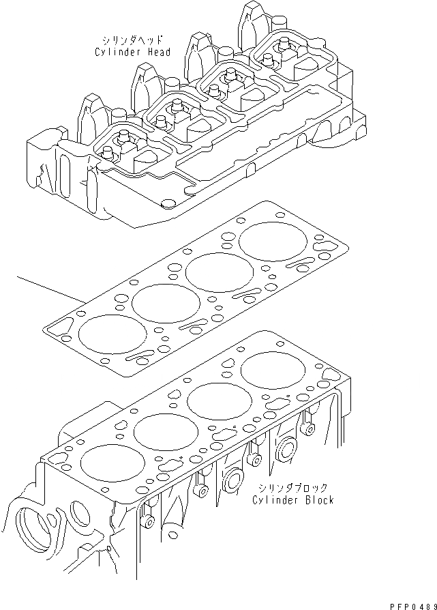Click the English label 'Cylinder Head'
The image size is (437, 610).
pos(132,52)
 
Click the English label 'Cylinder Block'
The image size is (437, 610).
pos(292,500)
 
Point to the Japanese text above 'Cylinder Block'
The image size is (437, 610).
pos(292,488)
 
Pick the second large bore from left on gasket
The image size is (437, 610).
pos(164,303)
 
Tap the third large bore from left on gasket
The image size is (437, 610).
pos(217,272)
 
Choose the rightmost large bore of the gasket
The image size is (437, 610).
pos(270,242)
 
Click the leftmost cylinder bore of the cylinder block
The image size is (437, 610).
pos(112,463)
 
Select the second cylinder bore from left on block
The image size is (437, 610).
pos(166,431)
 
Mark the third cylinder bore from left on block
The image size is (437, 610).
pos(219,401)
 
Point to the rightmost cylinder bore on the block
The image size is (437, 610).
pos(271,370)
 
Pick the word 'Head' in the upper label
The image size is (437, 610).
pos(157,52)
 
